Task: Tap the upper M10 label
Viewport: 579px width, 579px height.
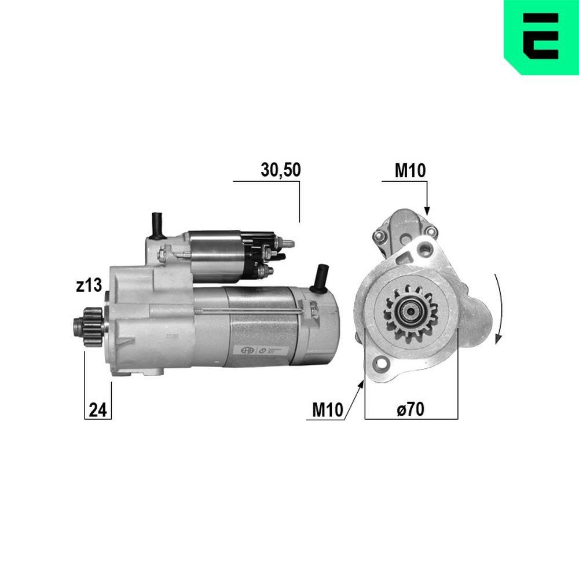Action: click(410, 170)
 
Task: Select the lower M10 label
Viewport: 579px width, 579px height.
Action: click(328, 409)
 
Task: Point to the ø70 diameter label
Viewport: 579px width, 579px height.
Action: click(411, 409)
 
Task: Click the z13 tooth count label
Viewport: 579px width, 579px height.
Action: click(89, 285)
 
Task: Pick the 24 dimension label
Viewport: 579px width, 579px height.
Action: click(98, 410)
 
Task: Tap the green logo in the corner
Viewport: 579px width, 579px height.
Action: click(541, 36)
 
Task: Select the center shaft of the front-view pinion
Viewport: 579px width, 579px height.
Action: click(411, 313)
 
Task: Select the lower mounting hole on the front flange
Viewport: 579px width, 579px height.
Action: click(382, 365)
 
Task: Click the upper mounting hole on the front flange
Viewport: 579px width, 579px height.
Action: click(427, 248)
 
